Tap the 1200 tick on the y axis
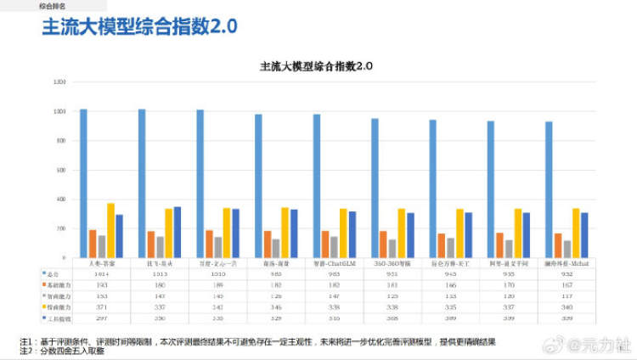coord(59,82)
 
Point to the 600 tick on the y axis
coord(59,170)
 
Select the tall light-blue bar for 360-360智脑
coord(375,188)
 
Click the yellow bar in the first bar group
coord(110,230)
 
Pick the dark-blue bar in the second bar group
coord(177,232)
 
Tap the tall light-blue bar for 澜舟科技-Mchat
coord(549,189)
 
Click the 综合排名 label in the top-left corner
coord(52,4)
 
